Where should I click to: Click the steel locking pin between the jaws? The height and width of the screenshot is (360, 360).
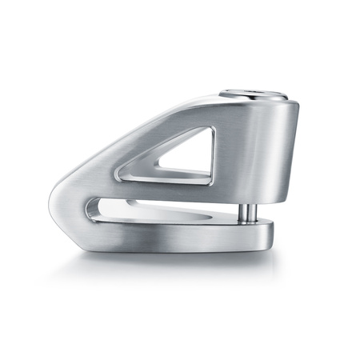coord(250,213)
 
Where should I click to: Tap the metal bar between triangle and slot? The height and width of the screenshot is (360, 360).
coord(160,189)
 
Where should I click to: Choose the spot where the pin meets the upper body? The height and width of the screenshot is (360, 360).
coord(250,202)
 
